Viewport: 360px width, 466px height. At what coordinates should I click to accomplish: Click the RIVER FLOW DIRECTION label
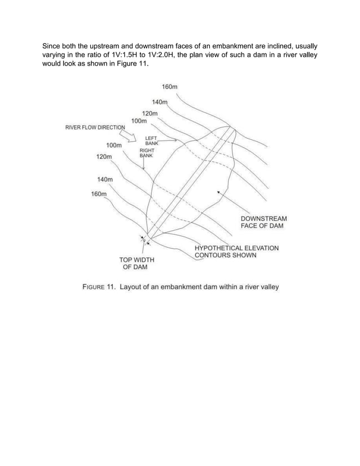pyautogui.click(x=94, y=127)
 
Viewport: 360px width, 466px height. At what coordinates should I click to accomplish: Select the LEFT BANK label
pyautogui.click(x=152, y=140)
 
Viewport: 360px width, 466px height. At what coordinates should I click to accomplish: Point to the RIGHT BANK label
pyautogui.click(x=147, y=153)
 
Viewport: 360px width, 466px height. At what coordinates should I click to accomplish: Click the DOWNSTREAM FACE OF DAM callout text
pyautogui.click(x=264, y=222)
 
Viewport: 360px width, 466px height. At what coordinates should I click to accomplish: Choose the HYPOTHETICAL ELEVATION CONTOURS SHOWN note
pyautogui.click(x=236, y=251)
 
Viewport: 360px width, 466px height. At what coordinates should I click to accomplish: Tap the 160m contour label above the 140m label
pyautogui.click(x=170, y=87)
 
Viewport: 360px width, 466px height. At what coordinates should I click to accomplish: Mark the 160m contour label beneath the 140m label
pyautogui.click(x=99, y=194)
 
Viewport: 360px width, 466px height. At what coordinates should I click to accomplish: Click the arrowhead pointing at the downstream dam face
pyautogui.click(x=218, y=192)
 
